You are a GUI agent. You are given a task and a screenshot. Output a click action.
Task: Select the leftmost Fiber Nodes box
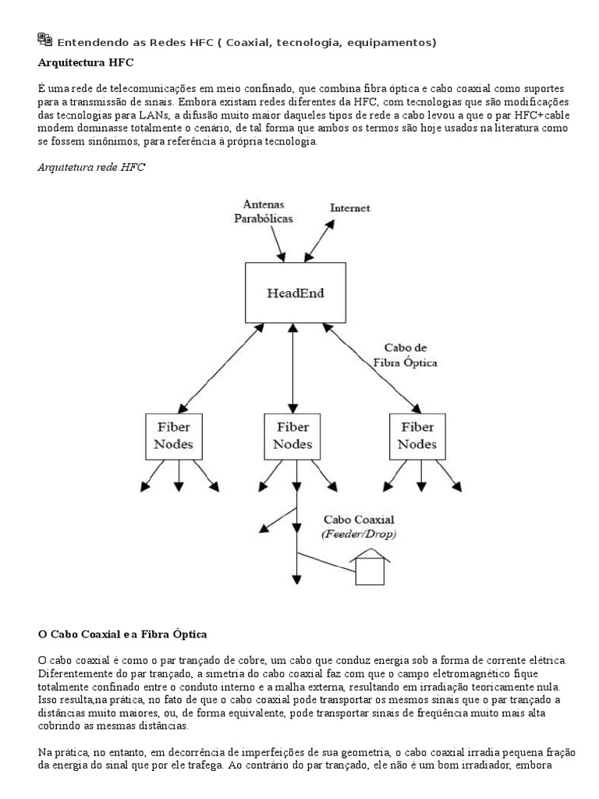coord(173,436)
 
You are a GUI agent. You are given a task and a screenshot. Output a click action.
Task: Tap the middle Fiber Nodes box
coord(293,436)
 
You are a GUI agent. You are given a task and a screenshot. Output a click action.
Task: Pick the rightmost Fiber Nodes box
coord(417,436)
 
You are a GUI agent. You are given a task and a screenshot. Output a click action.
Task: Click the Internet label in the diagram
coord(350,208)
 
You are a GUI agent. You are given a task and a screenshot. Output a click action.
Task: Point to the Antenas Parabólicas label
coord(264,211)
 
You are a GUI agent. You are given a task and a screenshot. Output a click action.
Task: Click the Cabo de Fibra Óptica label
coord(404,355)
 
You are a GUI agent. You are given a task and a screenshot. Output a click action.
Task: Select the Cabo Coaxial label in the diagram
coord(359,519)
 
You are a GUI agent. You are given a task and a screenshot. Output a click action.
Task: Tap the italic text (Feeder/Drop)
coord(359,534)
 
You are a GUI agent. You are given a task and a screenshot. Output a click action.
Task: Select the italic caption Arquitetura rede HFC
coord(90,167)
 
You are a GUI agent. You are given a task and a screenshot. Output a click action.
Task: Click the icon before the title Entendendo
coord(45,40)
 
